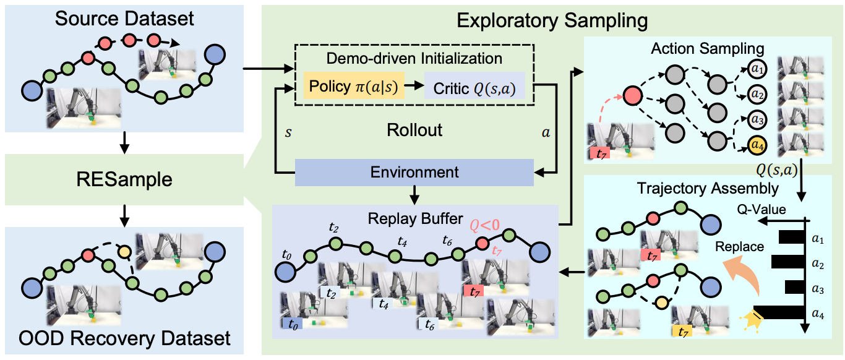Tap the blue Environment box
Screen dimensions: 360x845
coord(414,171)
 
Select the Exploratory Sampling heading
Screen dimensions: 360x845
coord(552,20)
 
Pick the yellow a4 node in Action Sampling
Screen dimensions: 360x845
coord(755,146)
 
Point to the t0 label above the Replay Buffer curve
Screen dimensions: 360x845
coord(286,254)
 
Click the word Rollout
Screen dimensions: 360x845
coord(414,131)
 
